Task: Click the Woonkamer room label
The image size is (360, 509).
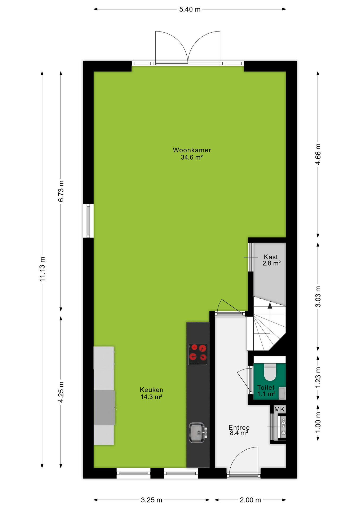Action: coord(192,154)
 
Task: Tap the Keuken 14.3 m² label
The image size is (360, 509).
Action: coord(151,393)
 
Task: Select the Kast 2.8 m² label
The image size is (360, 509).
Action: coord(271,260)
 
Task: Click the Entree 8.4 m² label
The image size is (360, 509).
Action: coord(239,430)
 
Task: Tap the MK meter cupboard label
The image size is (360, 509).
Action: coord(279,409)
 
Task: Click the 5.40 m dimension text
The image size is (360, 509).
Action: coord(190,9)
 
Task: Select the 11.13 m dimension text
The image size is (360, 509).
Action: coord(42,269)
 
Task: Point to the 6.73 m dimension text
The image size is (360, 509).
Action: coord(61,191)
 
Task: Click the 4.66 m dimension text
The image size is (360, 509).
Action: coord(318,154)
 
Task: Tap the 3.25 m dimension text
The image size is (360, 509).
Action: coord(151,500)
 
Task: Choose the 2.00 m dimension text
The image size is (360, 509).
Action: coord(250,500)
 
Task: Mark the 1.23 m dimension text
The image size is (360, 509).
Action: coord(318,378)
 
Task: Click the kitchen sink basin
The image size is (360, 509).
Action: coord(196,433)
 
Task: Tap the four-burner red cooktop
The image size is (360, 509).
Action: coord(198,354)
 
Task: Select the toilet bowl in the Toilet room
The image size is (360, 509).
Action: coord(270,372)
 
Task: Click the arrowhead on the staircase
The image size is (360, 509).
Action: coord(270,306)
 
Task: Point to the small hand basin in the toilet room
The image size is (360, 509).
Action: coord(282,393)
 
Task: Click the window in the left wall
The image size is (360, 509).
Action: coord(88,221)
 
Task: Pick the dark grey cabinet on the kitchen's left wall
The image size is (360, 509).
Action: coord(104,407)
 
